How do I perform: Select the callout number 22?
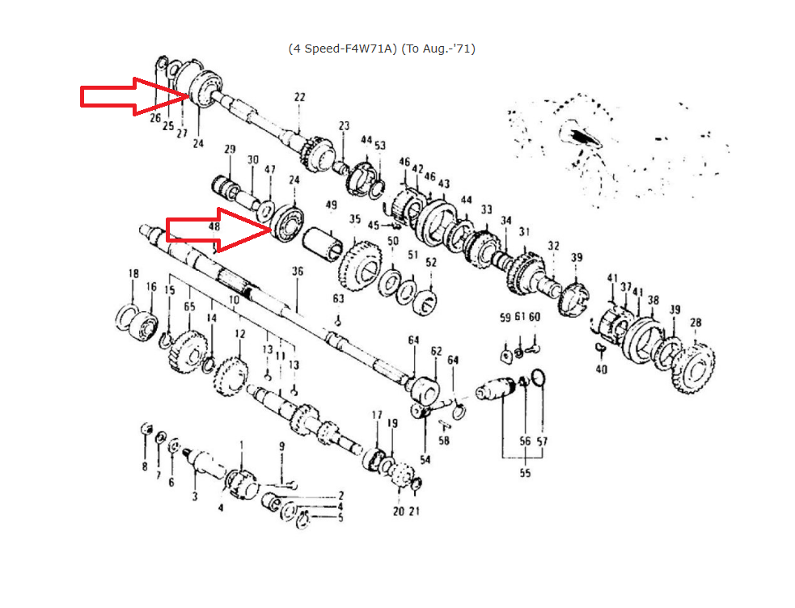[300, 98]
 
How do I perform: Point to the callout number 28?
[696, 323]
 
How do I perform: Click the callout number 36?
[298, 272]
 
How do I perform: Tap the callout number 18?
[133, 275]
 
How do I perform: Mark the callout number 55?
[525, 473]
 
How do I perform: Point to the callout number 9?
[282, 445]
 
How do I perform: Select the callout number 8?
[145, 467]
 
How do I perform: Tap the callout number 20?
[398, 511]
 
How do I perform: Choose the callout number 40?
[601, 369]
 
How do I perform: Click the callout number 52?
[431, 262]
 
